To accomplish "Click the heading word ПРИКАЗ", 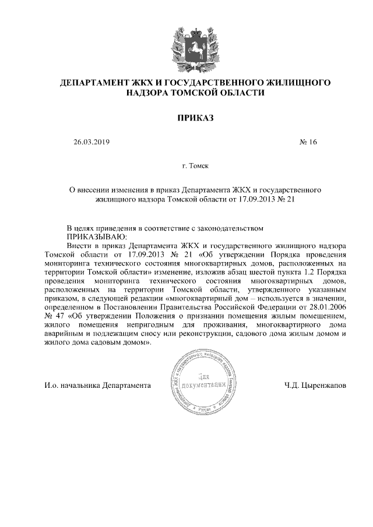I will [195, 119].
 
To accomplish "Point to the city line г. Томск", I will [195, 166].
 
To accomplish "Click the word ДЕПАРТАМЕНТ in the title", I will [95, 83].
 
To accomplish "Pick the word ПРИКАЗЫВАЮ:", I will [93, 238].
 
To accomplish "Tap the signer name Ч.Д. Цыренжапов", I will [315, 385].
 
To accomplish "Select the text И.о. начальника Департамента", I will [97, 385].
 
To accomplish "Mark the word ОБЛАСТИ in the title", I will [245, 93].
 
